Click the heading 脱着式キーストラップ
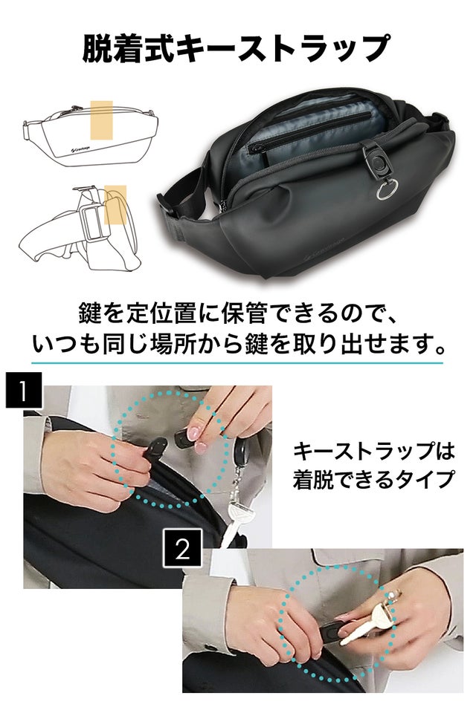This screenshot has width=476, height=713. click(x=236, y=48)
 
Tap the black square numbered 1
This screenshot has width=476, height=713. click(x=24, y=390)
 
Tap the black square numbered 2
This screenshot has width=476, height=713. click(x=182, y=548)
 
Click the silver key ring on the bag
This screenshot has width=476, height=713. click(x=387, y=189)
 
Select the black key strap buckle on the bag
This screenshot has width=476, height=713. click(x=374, y=159)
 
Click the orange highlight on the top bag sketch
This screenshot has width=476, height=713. click(x=102, y=120)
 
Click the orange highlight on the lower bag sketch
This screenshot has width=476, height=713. click(x=116, y=205)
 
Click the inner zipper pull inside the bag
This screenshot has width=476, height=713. click(x=255, y=147)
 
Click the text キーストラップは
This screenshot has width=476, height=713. click(x=373, y=451)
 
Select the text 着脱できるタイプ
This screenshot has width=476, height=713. click(x=373, y=479)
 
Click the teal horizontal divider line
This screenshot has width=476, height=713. click(x=237, y=363)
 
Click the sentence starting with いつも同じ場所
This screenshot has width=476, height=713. click(x=238, y=344)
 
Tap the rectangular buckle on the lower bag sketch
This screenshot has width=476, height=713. click(x=94, y=223)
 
